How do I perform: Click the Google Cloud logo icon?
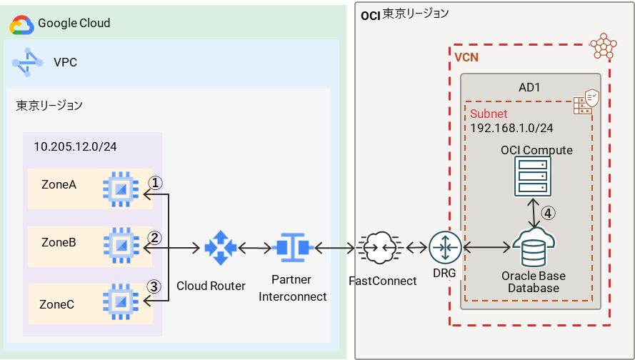(21, 25)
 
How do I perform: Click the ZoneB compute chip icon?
(116, 244)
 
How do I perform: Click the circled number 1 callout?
(155, 183)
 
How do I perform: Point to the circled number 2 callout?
(155, 237)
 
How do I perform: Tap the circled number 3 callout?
(155, 286)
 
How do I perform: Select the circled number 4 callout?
(547, 212)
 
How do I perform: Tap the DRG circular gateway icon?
(446, 248)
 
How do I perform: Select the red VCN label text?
(466, 57)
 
